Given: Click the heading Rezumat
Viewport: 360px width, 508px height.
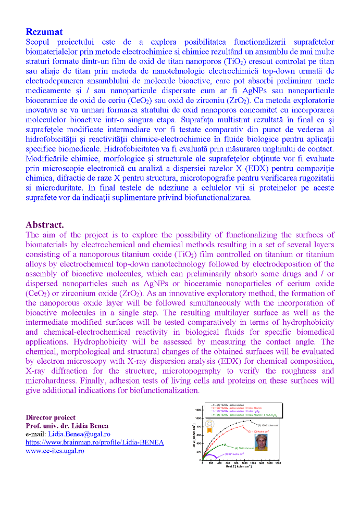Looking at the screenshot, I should [44, 32].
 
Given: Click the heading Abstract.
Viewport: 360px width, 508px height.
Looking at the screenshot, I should [45, 225].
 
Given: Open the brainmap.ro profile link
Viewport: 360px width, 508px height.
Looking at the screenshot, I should [95, 442].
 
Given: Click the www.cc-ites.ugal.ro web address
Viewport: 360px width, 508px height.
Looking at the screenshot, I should [55, 450].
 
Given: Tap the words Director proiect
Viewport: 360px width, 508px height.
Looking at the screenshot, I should [51, 417].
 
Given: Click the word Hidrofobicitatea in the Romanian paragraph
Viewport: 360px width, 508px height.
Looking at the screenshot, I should [197, 149].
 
